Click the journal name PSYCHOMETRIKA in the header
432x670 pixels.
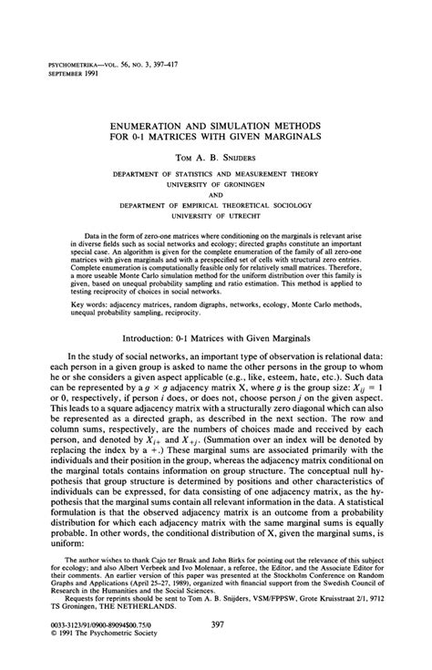point(63,64)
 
